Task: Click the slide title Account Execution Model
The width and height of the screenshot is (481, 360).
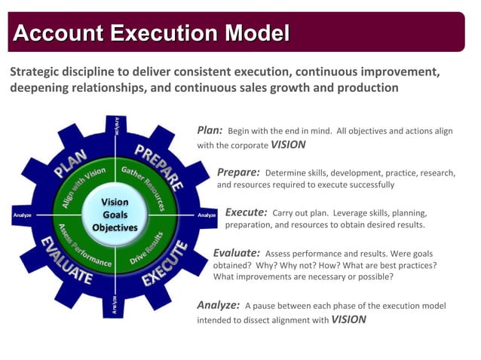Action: click(152, 33)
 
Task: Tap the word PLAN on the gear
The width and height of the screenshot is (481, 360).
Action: click(70, 163)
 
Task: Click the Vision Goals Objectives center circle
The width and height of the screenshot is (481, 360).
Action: click(115, 215)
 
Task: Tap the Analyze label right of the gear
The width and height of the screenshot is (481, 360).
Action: click(207, 215)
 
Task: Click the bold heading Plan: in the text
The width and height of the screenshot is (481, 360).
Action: click(210, 130)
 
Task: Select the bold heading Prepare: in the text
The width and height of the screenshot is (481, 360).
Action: click(238, 172)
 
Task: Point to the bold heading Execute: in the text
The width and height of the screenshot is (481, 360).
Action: click(246, 212)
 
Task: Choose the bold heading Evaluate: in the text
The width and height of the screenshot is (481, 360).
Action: click(237, 253)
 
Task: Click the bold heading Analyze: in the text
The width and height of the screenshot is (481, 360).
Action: click(219, 305)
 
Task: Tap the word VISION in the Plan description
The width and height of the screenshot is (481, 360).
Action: click(288, 145)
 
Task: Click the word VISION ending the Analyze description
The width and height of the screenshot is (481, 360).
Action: click(348, 319)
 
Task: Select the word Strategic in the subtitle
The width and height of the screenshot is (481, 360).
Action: click(35, 72)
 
